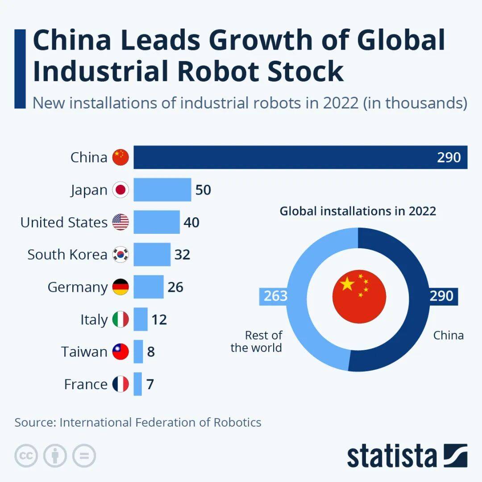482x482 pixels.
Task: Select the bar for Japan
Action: [x=162, y=190]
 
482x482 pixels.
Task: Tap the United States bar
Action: [x=157, y=222]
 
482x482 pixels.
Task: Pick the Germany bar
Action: [x=149, y=287]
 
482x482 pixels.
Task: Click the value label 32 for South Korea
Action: [x=182, y=254]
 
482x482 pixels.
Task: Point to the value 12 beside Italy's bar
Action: [x=159, y=320]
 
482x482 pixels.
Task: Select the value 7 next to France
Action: [x=150, y=384]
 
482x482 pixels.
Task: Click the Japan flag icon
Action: [x=120, y=190]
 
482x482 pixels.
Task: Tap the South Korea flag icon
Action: [x=120, y=254]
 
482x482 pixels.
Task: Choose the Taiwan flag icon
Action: [x=120, y=352]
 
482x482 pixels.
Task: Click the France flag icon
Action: [x=120, y=384]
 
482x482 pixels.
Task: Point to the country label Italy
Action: [x=94, y=320]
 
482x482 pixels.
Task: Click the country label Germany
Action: [x=78, y=287]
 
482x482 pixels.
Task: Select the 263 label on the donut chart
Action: [x=275, y=296]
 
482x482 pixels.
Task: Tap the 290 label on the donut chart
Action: [x=441, y=296]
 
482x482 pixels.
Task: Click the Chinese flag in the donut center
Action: [x=359, y=296]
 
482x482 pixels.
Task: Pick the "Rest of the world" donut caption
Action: [x=257, y=341]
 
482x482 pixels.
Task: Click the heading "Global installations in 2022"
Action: [x=357, y=211]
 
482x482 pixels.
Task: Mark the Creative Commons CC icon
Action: [x=26, y=456]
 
